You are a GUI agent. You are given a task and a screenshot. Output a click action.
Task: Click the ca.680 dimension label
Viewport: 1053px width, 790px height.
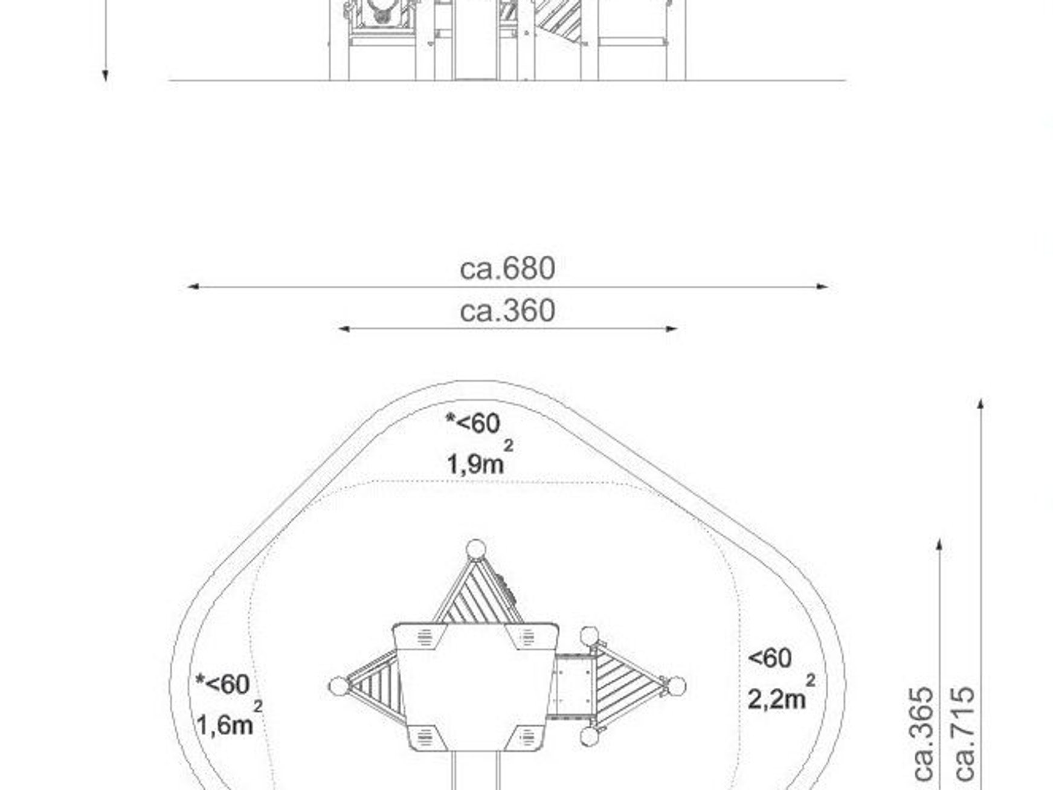(x=507, y=268)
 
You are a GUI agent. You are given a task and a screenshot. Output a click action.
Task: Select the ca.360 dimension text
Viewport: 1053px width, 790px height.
(x=507, y=311)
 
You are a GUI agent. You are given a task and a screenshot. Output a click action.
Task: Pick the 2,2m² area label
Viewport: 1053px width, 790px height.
(x=782, y=693)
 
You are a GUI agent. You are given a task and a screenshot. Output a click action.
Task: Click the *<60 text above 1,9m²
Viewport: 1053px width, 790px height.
(x=473, y=423)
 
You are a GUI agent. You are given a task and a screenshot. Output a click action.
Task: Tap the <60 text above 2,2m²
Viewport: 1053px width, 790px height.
(x=770, y=658)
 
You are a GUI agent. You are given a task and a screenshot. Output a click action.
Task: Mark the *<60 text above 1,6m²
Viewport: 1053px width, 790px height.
(x=222, y=684)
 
